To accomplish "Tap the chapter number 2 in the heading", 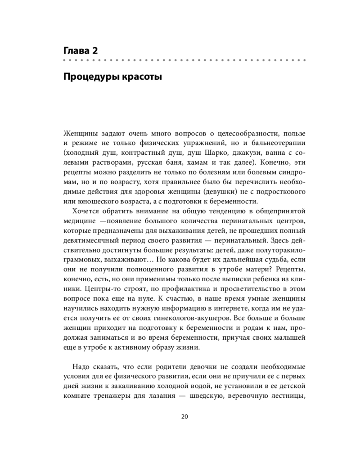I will [x=95, y=50].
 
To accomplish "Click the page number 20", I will [x=184, y=416].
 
